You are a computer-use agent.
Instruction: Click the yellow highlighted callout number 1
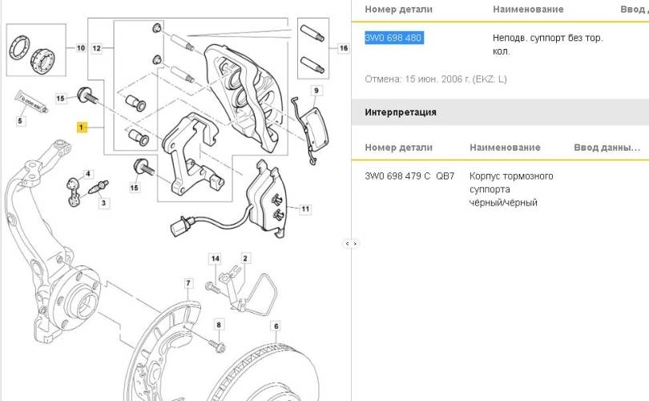(81, 128)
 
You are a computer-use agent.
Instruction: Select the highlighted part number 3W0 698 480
(393, 38)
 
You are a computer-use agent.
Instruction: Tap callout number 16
(344, 48)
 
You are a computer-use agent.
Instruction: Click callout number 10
(81, 48)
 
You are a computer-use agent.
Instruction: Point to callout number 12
(97, 48)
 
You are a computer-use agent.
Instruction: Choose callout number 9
(316, 90)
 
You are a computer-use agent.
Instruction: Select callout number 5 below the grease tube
(22, 120)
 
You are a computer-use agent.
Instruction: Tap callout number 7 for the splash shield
(189, 283)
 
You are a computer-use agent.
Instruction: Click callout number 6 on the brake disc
(275, 326)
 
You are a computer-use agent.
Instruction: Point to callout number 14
(214, 258)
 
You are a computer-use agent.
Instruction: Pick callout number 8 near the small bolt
(218, 324)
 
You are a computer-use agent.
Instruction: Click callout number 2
(245, 258)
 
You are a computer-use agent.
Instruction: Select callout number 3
(103, 204)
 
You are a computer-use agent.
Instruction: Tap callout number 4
(90, 174)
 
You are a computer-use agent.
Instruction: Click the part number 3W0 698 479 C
(397, 176)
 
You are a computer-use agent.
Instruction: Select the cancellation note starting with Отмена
(436, 79)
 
